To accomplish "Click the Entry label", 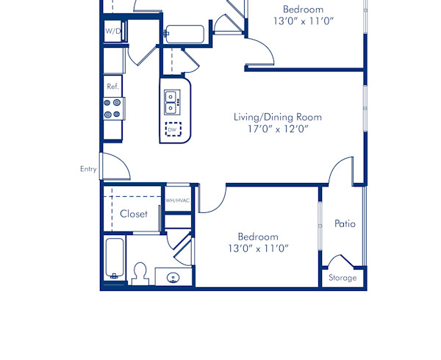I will click(88, 169).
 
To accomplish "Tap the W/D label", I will click(112, 32).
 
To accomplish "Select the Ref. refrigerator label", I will click(112, 86).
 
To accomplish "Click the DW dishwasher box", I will click(173, 130).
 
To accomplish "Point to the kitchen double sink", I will click(171, 101).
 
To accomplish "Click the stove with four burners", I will click(112, 109).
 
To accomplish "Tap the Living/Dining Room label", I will click(277, 117).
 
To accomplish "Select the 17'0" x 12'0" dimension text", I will click(277, 129).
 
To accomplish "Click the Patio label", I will click(345, 223).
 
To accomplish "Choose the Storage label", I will click(343, 278).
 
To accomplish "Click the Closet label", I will click(134, 214).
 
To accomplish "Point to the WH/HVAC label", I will click(177, 200).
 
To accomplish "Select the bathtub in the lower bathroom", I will click(114, 258).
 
